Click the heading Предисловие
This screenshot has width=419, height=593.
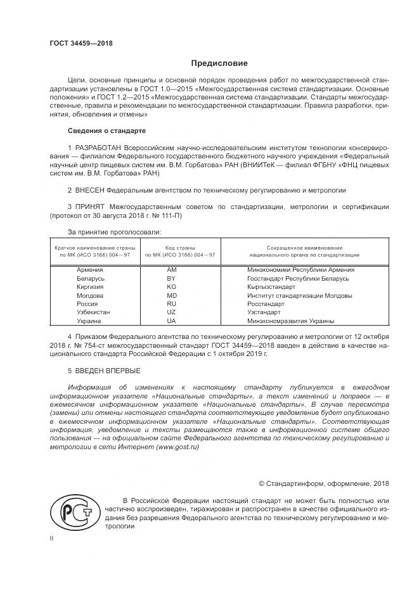pos(219,63)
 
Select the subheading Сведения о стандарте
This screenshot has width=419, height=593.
pos(106,131)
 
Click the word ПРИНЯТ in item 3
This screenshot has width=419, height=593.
pos(91,207)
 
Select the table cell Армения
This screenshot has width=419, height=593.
pos(90,269)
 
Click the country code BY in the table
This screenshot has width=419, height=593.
pos(171,278)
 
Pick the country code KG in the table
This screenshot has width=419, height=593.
pos(171,286)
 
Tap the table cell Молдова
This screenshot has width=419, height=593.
pos(90,295)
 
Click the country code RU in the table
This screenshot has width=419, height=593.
pos(171,303)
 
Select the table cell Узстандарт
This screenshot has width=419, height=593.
pos(264,312)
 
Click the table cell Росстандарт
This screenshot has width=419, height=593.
pos(266,303)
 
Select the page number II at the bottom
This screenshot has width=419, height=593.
pos(52,538)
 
